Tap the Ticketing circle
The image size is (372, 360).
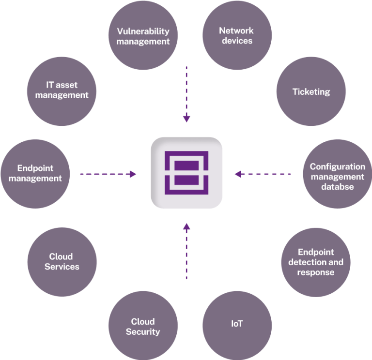(311, 91)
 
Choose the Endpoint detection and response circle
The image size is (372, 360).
(316, 262)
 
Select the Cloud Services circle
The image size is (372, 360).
(62, 262)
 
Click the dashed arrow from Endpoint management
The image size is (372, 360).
(108, 174)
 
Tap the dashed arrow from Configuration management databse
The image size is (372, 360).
(263, 174)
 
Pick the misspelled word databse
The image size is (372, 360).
(338, 186)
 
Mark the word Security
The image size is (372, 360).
(143, 331)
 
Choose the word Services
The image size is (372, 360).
(62, 267)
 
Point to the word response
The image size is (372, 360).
(316, 272)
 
